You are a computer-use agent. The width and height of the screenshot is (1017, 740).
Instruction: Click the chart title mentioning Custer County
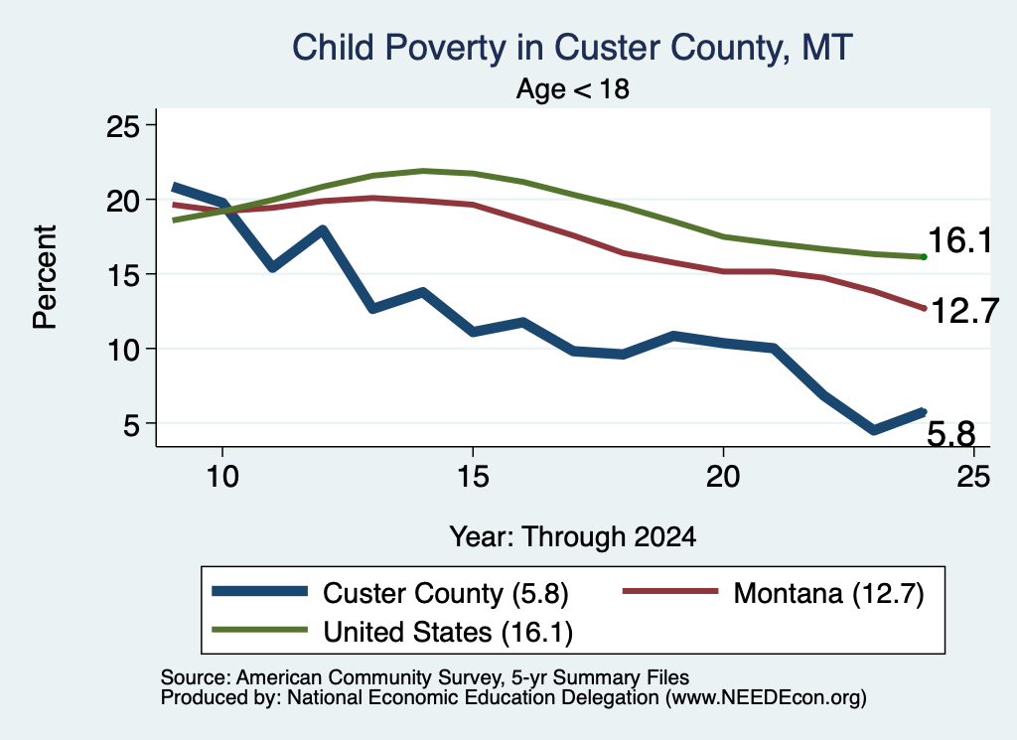point(572,48)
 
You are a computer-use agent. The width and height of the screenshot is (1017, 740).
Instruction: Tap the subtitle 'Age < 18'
point(573,88)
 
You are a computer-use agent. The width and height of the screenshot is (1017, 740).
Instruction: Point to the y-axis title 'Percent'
point(45,277)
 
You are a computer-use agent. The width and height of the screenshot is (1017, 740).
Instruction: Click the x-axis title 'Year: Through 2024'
point(573,537)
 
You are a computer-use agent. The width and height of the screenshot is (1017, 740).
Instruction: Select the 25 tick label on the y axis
point(122,126)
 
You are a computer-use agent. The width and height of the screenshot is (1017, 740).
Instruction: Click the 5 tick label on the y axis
point(131,425)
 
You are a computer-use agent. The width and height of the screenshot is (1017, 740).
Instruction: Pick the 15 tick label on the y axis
point(122,275)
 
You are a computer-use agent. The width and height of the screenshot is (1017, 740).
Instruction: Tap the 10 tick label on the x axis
point(222,477)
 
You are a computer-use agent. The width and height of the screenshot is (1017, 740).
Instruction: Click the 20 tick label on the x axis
point(723,477)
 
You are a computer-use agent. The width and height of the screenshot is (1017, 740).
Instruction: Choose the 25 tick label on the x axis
point(973,477)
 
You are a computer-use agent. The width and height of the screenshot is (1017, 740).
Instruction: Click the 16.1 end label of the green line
point(960,240)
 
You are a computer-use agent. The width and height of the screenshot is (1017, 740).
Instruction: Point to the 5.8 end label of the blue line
point(950,433)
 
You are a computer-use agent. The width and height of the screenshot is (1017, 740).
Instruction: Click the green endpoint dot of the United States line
point(924,257)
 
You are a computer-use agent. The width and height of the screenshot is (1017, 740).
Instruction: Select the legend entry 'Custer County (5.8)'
point(390,593)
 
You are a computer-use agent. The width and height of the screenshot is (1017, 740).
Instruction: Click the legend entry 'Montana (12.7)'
point(773,593)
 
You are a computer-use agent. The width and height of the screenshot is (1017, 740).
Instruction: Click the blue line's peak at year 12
point(323,229)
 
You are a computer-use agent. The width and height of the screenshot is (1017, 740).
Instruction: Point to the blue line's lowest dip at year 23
point(874,430)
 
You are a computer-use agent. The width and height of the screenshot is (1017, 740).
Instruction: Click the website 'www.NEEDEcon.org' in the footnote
point(766,698)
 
